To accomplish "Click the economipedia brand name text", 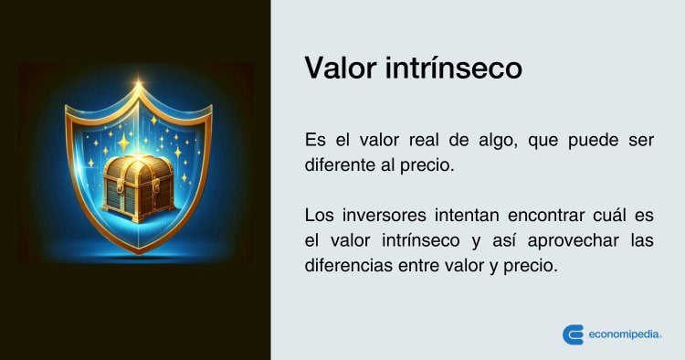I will point(623,334).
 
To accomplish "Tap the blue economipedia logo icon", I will point(573,334).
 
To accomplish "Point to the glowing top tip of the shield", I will point(138,86).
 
